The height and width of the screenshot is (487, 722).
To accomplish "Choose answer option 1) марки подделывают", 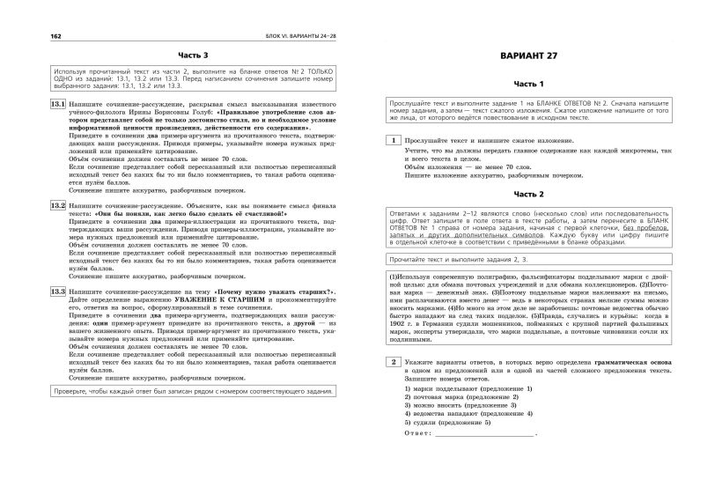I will (461, 388).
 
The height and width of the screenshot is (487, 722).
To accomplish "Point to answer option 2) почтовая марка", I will (462, 397).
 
